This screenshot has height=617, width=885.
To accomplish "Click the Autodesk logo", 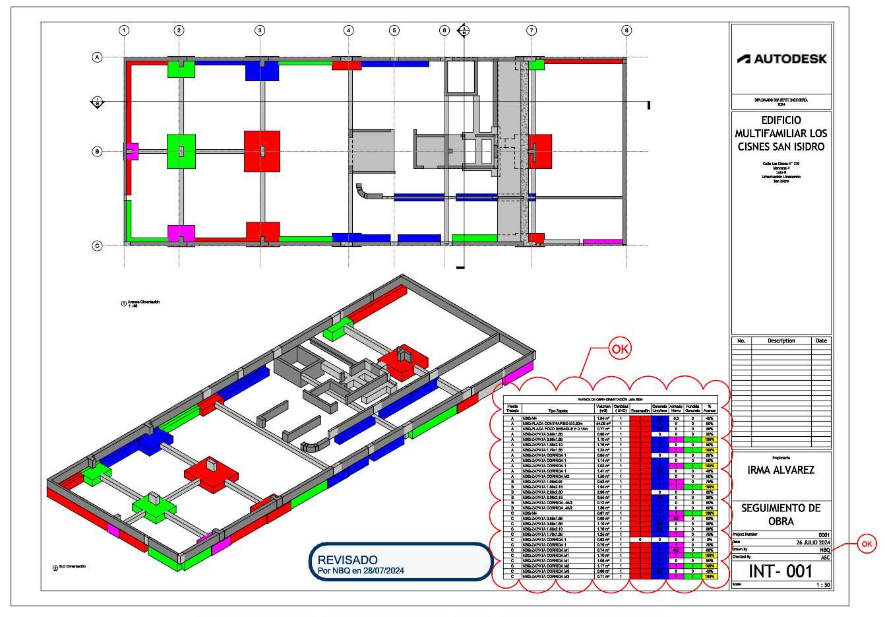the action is pos(781,59).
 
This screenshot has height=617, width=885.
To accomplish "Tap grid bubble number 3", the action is pos(260,30).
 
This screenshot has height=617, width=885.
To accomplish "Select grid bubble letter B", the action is pos(97,152).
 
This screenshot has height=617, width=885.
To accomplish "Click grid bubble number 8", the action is pos(626,30).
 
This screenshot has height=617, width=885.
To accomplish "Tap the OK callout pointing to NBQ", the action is pos(867,544).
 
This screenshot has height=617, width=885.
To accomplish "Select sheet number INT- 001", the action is pos(781,571).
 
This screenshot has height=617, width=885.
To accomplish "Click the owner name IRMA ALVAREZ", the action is pos(781,470).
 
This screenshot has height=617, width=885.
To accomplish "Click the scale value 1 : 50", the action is pos(821,585).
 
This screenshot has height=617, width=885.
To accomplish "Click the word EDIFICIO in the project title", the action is pos(781,120).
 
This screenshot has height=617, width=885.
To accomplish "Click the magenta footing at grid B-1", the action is pos(132,151).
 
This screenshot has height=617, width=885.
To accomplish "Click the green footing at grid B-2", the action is pos(181,150).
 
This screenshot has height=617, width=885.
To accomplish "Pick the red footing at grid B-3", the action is pos(262,151).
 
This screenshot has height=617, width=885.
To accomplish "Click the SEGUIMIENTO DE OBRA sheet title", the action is pos(781,515).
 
